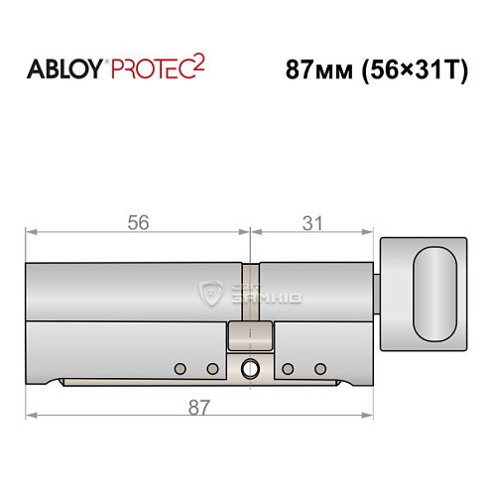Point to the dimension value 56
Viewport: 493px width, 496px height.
point(138,223)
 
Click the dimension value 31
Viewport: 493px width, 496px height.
point(312,223)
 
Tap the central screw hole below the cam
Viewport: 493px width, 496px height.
point(250,370)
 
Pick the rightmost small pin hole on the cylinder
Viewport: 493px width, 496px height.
point(319,369)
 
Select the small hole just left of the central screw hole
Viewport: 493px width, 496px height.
point(212,369)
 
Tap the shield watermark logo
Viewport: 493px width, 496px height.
point(210,293)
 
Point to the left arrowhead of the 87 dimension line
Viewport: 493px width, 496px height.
point(30,415)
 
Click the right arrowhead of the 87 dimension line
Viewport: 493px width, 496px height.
point(374,415)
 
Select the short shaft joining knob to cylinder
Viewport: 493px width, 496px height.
point(378,293)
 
